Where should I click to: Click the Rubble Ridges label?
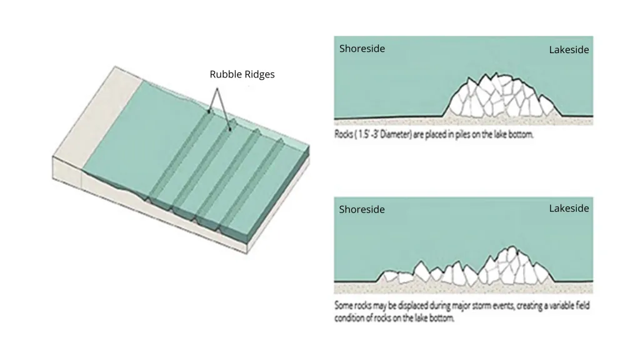(242, 74)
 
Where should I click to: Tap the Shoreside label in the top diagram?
(362, 49)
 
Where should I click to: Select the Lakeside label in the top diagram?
(569, 50)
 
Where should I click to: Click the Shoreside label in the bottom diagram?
(362, 209)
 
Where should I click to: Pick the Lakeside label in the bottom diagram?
(569, 208)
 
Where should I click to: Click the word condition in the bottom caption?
(352, 317)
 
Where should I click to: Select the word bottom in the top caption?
(521, 134)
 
